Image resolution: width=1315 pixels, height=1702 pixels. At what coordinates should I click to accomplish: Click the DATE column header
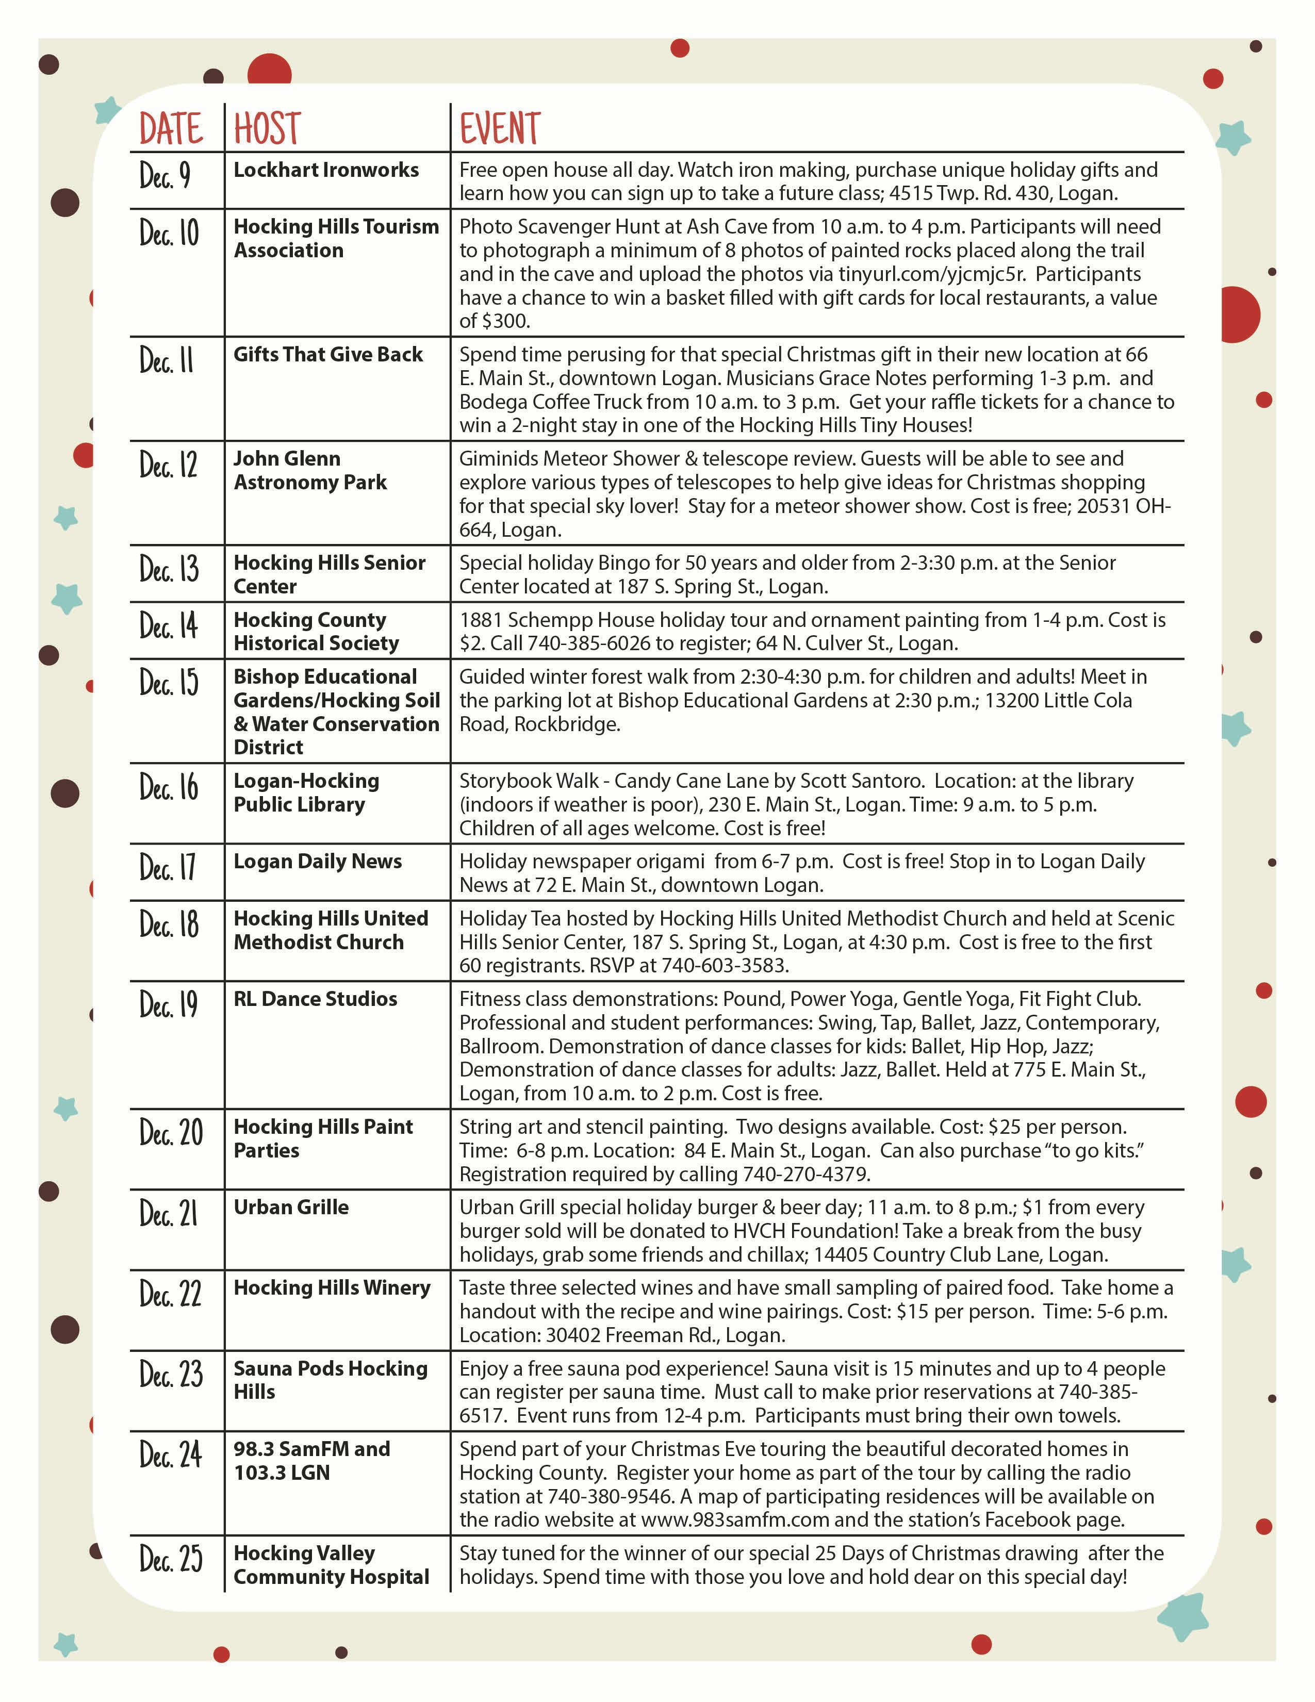click(x=171, y=128)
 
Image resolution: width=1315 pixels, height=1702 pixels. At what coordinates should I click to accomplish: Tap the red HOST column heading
click(x=267, y=128)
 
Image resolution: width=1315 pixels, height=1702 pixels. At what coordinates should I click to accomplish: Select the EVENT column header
click(x=500, y=128)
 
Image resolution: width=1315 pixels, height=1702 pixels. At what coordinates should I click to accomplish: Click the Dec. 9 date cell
click(x=165, y=175)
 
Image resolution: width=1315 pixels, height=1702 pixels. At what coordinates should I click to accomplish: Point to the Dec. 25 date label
click(x=171, y=1559)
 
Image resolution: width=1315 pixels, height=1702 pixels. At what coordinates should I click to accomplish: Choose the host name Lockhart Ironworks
click(x=326, y=170)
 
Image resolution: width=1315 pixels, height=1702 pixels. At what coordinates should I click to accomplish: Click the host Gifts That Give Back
click(x=328, y=355)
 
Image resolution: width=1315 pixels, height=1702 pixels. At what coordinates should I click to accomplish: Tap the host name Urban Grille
click(x=291, y=1207)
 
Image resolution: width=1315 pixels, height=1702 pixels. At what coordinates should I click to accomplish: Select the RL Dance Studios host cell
click(x=315, y=999)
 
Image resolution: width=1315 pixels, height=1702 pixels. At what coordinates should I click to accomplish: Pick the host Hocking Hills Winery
click(x=331, y=1287)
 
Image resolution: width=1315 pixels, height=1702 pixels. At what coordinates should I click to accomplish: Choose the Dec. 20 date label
click(x=171, y=1132)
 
